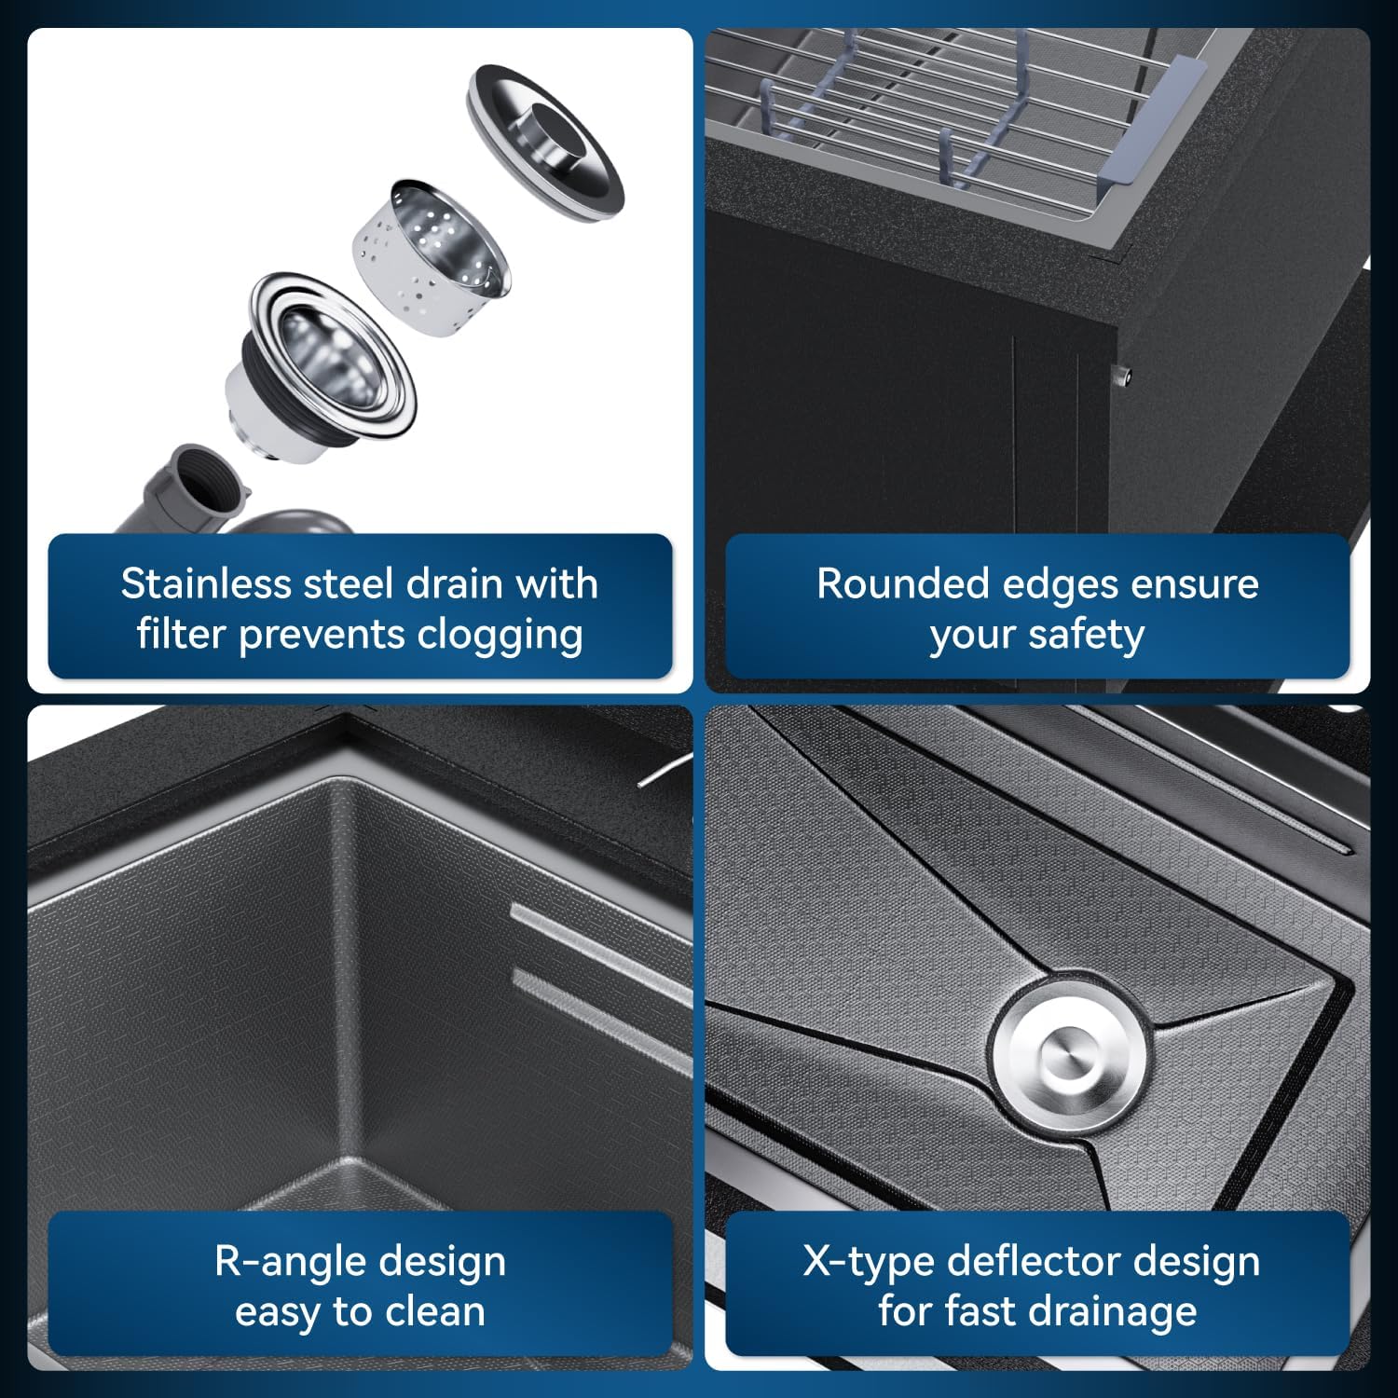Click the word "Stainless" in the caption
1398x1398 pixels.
click(206, 583)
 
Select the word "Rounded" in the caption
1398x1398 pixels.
click(902, 583)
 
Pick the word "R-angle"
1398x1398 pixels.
click(284, 1262)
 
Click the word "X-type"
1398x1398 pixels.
click(868, 1262)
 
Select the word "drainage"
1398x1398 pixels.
click(1098, 1312)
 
